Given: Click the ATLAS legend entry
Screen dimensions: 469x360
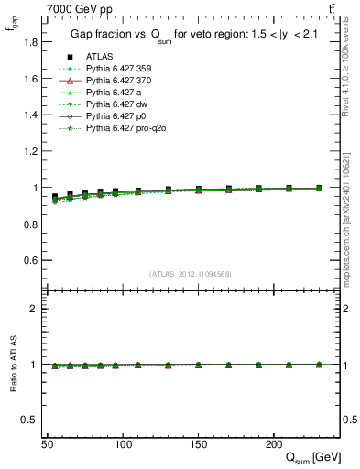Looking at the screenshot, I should pyautogui.click(x=99, y=57).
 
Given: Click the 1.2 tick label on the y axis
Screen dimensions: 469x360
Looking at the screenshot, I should pyautogui.click(x=28, y=151).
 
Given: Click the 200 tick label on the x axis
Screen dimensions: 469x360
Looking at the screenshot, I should pyautogui.click(x=273, y=444).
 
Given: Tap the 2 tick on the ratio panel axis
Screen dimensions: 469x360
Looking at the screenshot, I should pyautogui.click(x=33, y=310).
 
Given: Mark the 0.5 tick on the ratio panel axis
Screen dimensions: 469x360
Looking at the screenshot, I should pyautogui.click(x=28, y=420).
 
